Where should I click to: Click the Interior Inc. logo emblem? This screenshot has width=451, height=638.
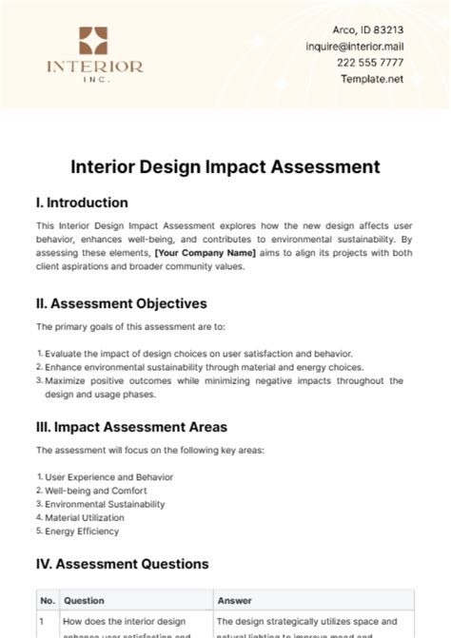coord(93,40)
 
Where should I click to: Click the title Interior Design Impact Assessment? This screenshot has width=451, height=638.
coord(225,166)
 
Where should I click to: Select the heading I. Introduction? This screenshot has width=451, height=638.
coord(82,203)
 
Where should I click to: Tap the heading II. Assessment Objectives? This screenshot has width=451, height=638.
coord(121,303)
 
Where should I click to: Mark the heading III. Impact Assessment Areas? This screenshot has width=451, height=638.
coord(131,427)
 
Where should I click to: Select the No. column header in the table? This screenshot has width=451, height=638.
coord(48,601)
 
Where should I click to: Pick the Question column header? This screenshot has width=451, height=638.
coord(84,601)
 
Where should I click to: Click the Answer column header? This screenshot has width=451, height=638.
coord(234,601)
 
